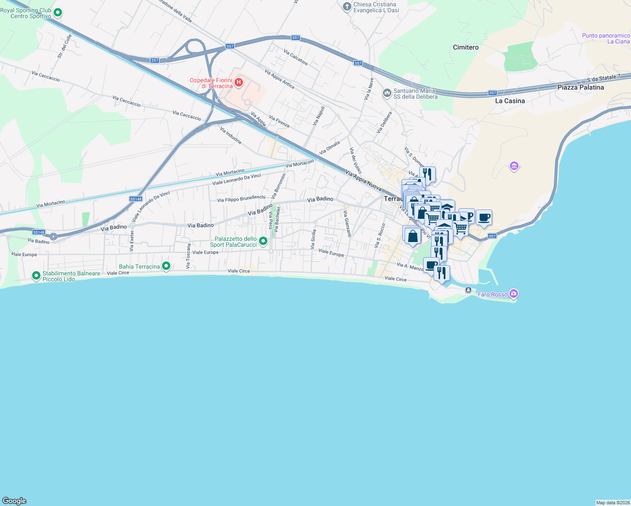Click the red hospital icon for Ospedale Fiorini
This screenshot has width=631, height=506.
239,82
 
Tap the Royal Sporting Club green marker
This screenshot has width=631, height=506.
58,13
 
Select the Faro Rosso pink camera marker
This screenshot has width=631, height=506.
513,293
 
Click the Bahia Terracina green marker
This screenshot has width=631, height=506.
166,266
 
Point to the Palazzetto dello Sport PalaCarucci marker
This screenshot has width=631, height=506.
263,241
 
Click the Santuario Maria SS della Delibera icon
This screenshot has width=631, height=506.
387,93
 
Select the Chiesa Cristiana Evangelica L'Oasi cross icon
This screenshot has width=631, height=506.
347,7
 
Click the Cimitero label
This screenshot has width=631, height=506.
466,47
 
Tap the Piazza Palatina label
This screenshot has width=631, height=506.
580,87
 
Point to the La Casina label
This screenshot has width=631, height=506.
510,101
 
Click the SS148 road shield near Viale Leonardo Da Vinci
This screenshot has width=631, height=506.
136,199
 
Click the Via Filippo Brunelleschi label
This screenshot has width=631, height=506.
241,199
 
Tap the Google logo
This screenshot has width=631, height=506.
14,501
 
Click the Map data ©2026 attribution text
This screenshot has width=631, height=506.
612,503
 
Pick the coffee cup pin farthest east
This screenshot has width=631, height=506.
484,217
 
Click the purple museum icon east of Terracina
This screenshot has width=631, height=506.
514,166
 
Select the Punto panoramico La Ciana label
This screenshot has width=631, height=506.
606,38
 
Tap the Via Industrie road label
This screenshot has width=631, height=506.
231,136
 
